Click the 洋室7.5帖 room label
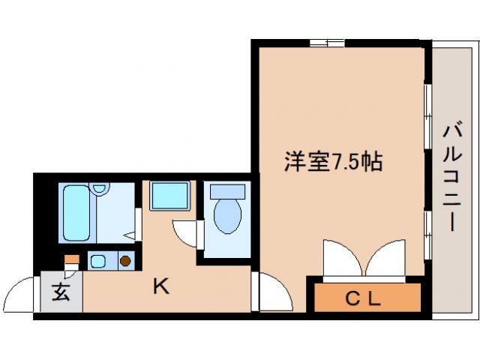333,160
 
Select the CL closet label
364,298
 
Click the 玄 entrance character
61,292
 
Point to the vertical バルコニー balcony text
451,177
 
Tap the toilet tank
228,191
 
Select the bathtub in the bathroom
76,214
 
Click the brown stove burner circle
125,261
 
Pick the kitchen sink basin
98,261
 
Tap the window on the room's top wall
327,43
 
